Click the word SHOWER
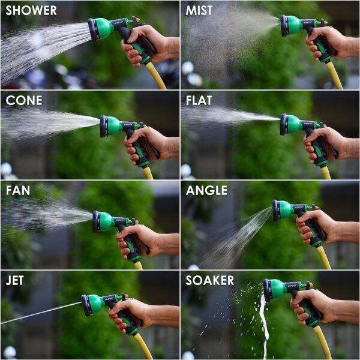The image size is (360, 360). point(31,11)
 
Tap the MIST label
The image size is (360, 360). point(199,11)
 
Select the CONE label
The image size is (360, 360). point(24,100)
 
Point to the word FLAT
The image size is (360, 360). point(199,100)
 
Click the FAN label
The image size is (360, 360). point(19,191)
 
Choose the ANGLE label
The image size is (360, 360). point(206,191)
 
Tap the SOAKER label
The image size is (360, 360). point(209,280)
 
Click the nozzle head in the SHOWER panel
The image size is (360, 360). point(94,29)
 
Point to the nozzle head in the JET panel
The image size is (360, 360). point(88,305)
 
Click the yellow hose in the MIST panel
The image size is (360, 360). point(334,75)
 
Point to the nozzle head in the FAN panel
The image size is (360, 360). point(97,221)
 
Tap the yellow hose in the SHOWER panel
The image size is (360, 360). point(157,76)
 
